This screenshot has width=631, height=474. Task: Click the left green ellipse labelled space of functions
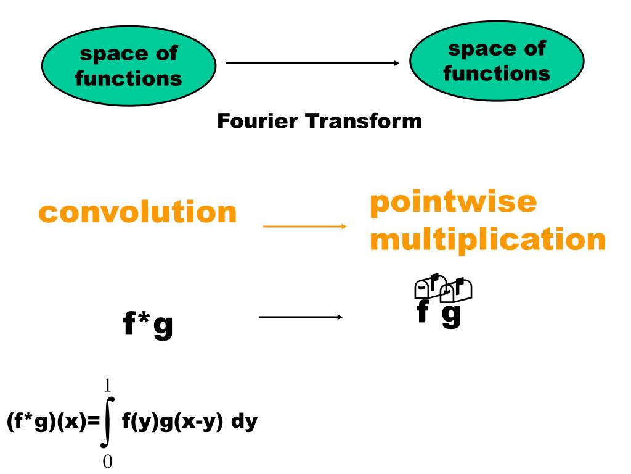[129, 68]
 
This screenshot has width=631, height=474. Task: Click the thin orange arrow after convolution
[305, 227]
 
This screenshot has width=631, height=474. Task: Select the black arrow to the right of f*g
[299, 318]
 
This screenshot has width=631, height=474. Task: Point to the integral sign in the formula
[108, 426]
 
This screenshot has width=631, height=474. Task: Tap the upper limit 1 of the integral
[108, 387]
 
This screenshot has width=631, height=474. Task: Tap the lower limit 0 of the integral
[108, 461]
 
